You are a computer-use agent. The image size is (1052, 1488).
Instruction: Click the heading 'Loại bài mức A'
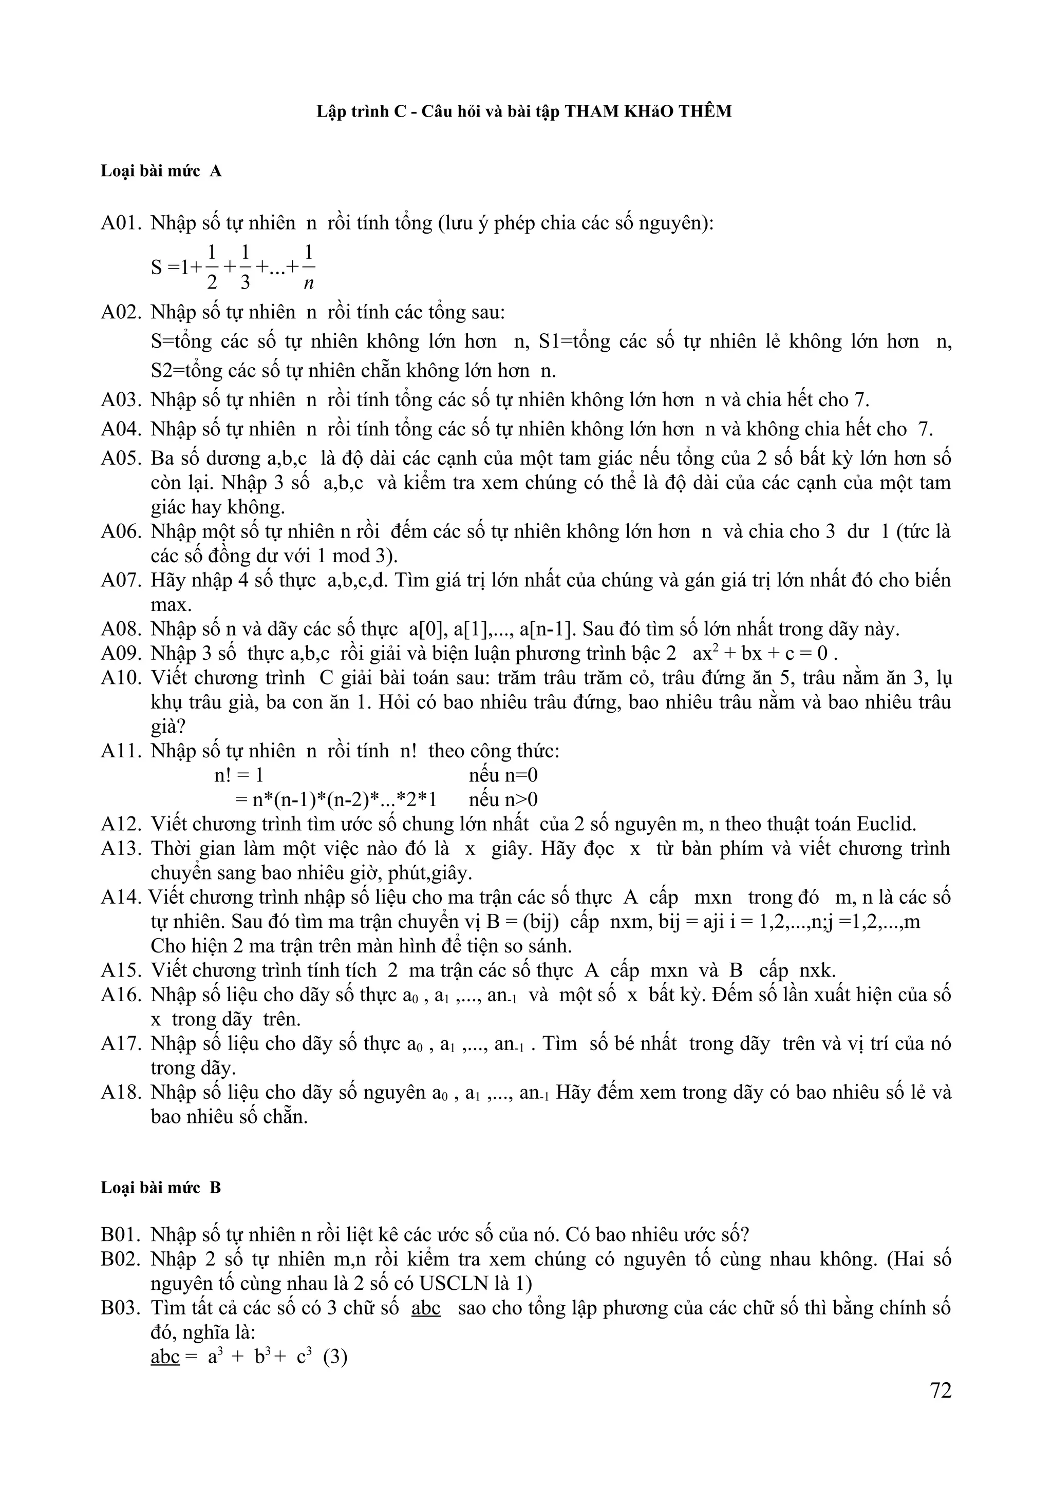[x=161, y=171]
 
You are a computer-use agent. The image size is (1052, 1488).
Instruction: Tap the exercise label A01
[x=121, y=223]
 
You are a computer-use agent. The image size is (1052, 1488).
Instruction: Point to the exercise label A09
[x=121, y=653]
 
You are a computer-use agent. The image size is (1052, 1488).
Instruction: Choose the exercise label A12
[x=121, y=825]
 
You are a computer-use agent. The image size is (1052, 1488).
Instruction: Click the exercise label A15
[x=121, y=970]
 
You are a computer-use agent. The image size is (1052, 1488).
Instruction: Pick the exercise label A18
[x=121, y=1092]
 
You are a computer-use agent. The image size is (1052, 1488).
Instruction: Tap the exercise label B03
[x=121, y=1308]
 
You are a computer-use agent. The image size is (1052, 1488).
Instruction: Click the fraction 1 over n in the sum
[x=309, y=266]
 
